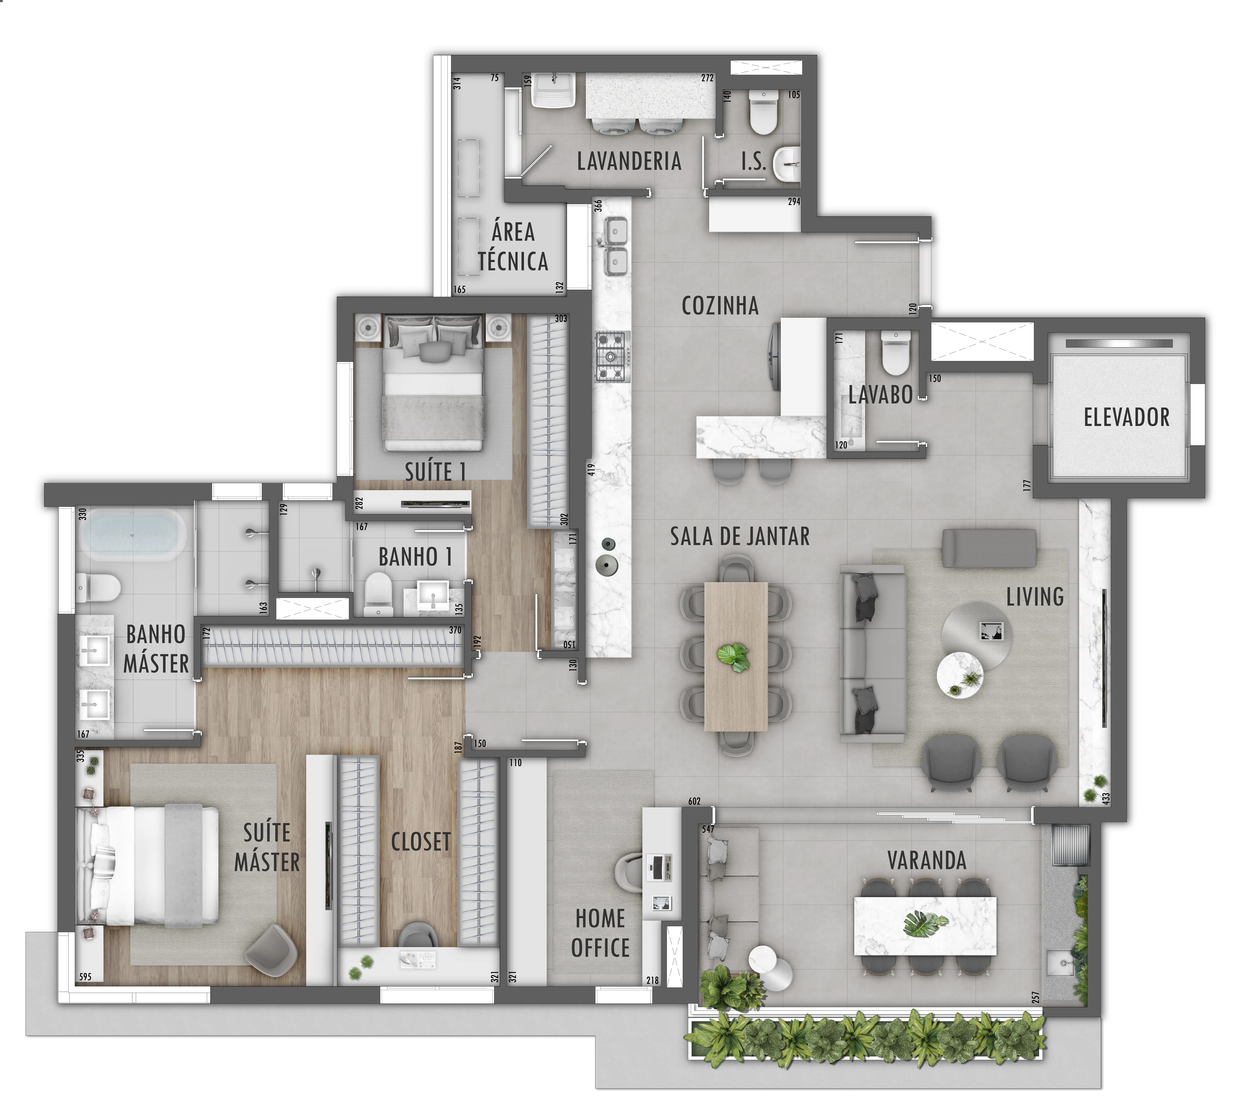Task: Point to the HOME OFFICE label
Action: point(600,933)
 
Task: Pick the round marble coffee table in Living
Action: point(959,676)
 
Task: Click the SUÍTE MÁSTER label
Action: point(267,847)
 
